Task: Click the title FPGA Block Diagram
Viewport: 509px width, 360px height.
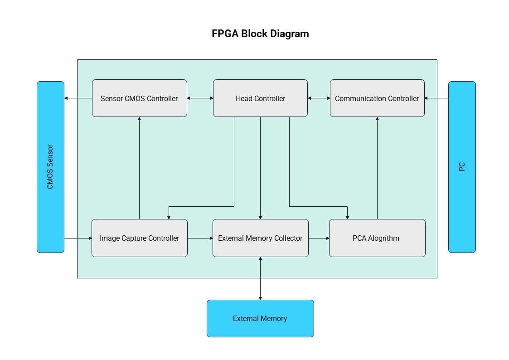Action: (x=260, y=34)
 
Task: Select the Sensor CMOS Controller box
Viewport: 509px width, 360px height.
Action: (x=139, y=98)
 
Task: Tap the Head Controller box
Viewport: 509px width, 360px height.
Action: (x=260, y=98)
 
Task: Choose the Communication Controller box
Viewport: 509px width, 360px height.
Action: (x=377, y=98)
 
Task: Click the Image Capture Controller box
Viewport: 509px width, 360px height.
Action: (x=139, y=238)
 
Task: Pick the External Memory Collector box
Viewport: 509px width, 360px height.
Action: (x=260, y=238)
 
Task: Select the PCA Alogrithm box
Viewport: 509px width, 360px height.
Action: (x=377, y=238)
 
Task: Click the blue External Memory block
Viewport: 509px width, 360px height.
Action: (x=260, y=318)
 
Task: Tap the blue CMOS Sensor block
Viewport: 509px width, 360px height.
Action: (x=50, y=167)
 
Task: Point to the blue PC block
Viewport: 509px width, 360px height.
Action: (x=462, y=167)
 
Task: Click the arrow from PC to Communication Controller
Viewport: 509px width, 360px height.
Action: (x=436, y=98)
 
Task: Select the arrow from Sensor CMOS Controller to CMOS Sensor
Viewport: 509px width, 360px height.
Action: (x=78, y=98)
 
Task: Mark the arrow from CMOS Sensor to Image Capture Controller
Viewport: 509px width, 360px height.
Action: (x=78, y=238)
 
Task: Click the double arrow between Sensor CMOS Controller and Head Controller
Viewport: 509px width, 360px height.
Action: (x=200, y=98)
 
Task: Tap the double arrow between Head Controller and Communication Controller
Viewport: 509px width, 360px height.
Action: (x=319, y=98)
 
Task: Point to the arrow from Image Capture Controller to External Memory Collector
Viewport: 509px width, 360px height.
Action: (x=200, y=238)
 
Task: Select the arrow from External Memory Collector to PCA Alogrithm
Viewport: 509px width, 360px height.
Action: (x=319, y=238)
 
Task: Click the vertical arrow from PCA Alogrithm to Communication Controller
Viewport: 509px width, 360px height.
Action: (x=377, y=168)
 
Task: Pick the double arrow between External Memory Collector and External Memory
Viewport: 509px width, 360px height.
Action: (x=260, y=278)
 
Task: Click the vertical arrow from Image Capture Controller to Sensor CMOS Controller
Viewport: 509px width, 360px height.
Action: (x=139, y=168)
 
